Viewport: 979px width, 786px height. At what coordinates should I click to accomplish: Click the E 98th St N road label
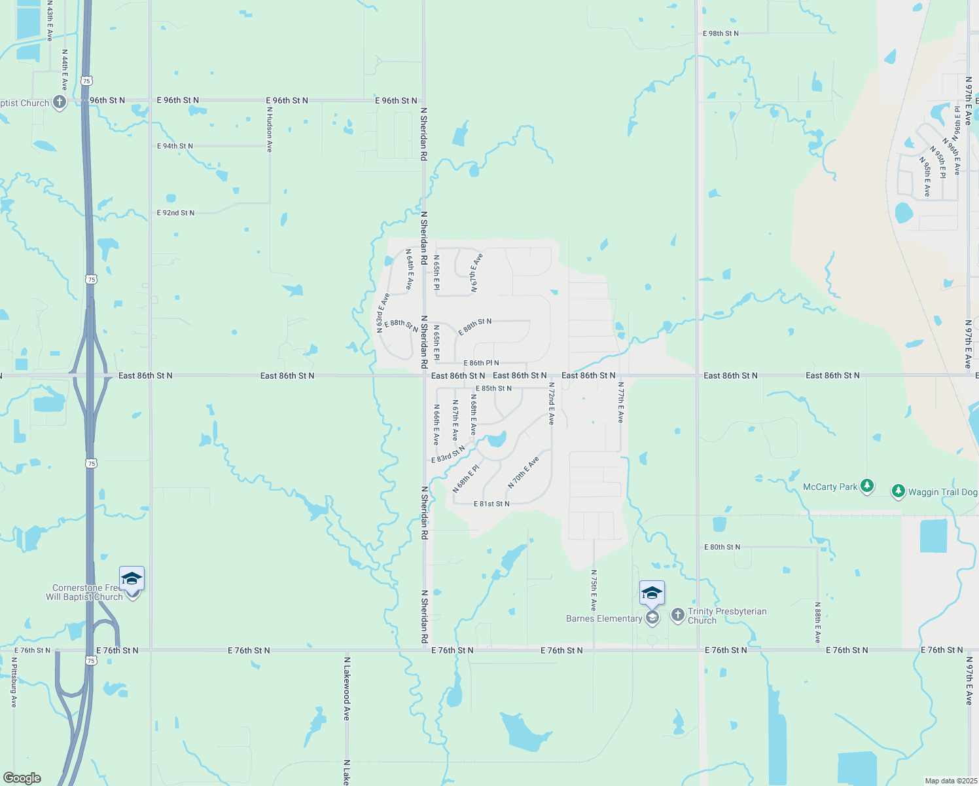point(721,33)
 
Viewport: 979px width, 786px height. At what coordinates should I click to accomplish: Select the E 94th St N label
point(175,146)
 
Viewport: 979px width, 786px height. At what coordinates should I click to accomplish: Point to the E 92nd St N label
point(175,213)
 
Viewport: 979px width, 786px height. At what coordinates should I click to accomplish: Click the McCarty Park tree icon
point(867,486)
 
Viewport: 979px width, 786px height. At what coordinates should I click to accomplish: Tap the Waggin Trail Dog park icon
point(899,491)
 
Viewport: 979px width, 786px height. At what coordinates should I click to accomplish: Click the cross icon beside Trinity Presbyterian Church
point(678,615)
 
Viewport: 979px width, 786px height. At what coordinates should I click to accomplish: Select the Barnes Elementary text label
point(604,618)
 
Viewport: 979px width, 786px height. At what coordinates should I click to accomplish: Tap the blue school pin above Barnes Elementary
point(652,593)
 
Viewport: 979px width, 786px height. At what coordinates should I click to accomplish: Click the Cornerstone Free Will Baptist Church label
point(85,592)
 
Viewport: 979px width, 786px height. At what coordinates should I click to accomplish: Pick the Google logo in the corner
point(22,778)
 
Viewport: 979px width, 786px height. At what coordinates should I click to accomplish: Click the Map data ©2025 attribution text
point(950,781)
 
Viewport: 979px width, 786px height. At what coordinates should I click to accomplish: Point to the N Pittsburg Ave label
point(14,682)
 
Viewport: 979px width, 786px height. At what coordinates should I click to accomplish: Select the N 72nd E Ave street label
point(552,403)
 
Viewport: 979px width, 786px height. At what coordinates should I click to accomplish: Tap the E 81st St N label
point(491,504)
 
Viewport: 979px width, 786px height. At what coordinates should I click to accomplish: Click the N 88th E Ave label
point(817,622)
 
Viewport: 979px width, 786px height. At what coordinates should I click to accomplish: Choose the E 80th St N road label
point(722,547)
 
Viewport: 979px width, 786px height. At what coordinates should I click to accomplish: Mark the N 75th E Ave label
point(594,590)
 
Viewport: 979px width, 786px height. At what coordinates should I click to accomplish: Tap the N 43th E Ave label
point(50,21)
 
